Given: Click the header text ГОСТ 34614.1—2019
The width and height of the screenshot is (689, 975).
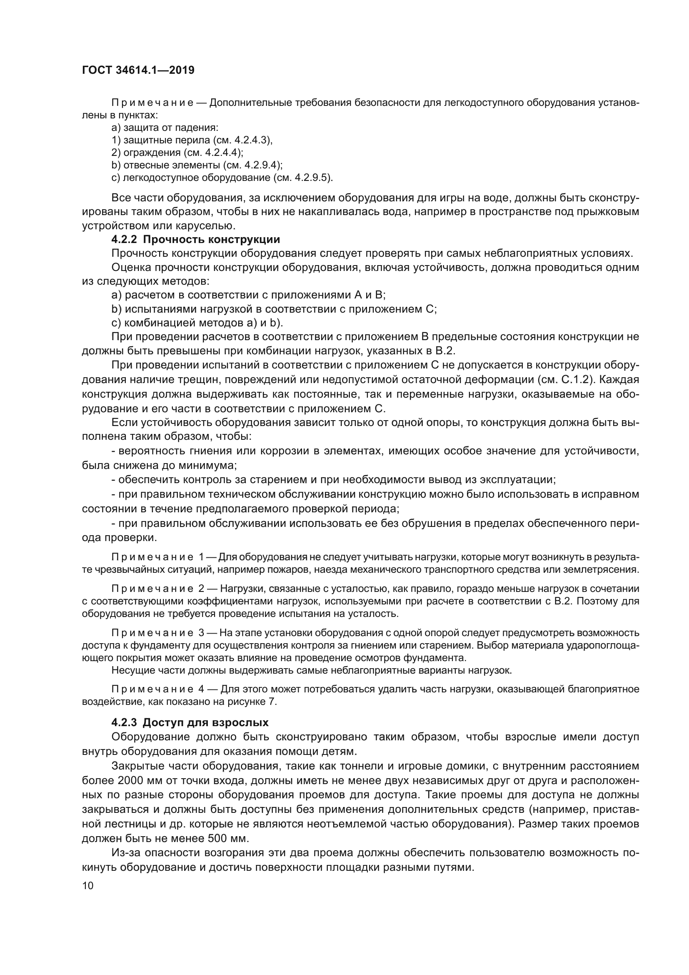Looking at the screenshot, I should tap(138, 70).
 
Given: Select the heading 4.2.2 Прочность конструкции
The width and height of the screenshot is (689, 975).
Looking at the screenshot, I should tap(196, 240).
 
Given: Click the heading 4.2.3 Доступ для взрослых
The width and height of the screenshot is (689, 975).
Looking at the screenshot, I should tap(190, 722).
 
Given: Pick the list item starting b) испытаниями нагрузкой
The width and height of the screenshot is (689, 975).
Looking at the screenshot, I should tap(274, 309).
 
